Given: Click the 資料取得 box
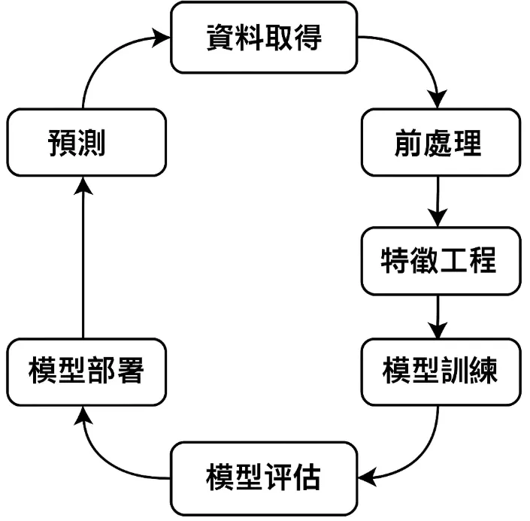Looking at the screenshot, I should coord(264,37).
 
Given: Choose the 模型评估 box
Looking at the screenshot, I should coord(264,477).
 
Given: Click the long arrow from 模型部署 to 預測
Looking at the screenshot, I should coord(83,256).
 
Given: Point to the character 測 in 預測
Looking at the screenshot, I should coord(98,143).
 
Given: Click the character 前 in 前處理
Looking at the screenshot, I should coord(407,143).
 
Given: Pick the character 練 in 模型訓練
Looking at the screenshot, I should coord(481,371).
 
